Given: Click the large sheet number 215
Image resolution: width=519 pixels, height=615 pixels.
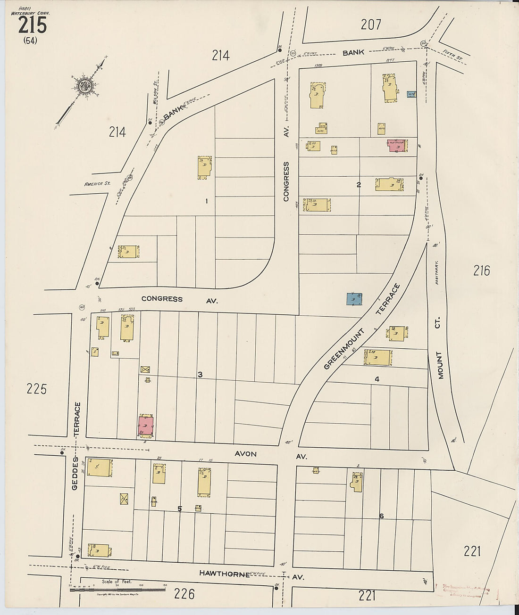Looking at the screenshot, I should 33,25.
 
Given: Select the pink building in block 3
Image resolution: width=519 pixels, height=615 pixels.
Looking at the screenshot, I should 146,425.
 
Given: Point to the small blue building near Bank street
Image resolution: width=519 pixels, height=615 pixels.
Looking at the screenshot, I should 411,94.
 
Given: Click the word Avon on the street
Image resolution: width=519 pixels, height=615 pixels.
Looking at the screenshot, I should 246,454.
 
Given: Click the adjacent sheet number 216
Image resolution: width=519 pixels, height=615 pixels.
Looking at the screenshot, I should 482,271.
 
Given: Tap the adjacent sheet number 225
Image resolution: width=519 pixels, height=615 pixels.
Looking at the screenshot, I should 37,389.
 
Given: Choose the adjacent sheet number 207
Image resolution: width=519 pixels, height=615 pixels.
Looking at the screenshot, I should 371,24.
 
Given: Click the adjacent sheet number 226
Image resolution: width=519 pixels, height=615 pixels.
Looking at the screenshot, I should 184,594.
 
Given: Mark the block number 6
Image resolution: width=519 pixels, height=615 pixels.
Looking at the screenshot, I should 381,516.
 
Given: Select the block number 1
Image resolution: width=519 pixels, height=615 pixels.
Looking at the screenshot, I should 206,201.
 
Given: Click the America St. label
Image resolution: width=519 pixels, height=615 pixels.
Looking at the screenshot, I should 97,183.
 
